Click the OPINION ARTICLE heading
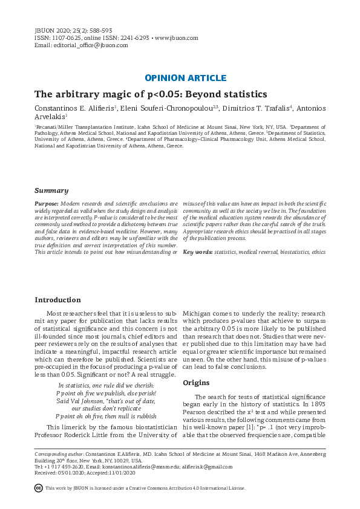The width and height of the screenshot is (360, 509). [186, 78]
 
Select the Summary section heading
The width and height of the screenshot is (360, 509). [51, 190]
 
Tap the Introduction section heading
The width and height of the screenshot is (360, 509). [57, 300]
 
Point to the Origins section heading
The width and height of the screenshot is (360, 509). [196, 383]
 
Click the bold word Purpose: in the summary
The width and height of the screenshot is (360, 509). [47, 204]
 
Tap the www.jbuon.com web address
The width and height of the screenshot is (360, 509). [177, 38]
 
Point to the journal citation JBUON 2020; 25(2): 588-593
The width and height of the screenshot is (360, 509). [73, 30]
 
